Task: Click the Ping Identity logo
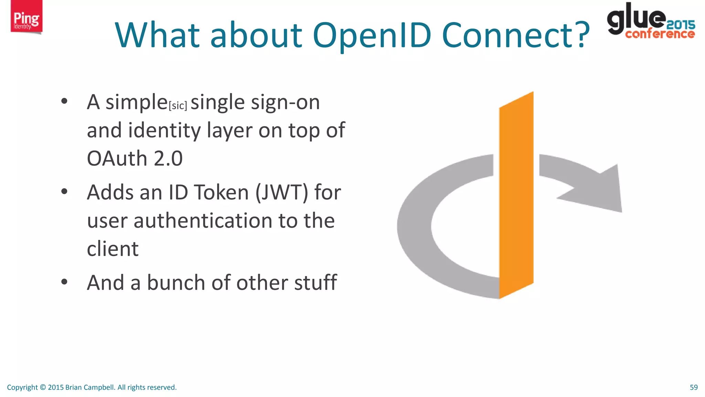26,17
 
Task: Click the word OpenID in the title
372,35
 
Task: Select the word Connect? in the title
515,35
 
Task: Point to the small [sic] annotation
178,105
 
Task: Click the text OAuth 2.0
135,159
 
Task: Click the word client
113,249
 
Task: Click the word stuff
317,283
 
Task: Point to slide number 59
694,387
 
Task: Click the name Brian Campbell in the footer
90,387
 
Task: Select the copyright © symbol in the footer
43,387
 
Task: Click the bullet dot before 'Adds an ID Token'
64,192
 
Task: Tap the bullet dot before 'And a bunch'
64,282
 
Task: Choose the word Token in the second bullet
221,192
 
